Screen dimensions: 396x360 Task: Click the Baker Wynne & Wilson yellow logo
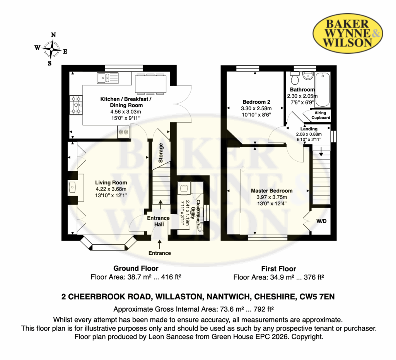[x=348, y=33]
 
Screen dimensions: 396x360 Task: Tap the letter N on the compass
[x=53, y=35]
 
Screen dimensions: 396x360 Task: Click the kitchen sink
[x=108, y=78]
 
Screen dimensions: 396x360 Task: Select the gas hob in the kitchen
[x=76, y=105]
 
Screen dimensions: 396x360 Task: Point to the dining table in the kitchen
[x=150, y=84]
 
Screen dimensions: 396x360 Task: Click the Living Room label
[x=111, y=183]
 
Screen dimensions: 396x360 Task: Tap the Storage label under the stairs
[x=160, y=153]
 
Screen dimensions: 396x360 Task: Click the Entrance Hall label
[x=158, y=221]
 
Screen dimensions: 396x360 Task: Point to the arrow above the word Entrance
[x=159, y=244]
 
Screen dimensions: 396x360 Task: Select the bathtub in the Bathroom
[x=323, y=90]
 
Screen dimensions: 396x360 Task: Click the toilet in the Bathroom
[x=295, y=78]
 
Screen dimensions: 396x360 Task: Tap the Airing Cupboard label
[x=321, y=115]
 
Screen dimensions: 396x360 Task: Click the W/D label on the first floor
[x=321, y=221]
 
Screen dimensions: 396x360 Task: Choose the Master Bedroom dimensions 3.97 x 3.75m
[x=271, y=197]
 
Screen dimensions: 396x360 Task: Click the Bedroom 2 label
[x=256, y=102]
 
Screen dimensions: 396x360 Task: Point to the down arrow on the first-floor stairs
[x=321, y=151]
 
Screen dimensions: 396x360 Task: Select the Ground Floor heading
[x=136, y=268]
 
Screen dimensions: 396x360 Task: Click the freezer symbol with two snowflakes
[x=123, y=132]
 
